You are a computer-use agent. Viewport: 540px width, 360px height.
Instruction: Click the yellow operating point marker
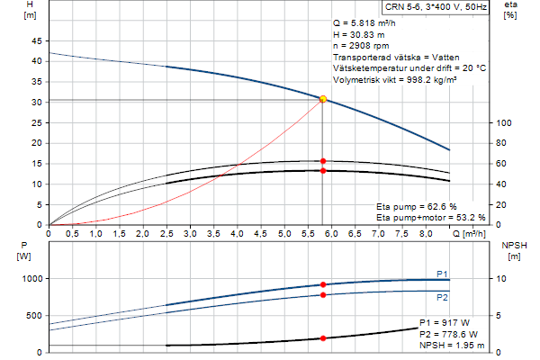pos(323,99)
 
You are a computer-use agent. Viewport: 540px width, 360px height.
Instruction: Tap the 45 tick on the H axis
pos(36,40)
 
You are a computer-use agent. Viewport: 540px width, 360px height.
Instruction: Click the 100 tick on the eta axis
pos(506,122)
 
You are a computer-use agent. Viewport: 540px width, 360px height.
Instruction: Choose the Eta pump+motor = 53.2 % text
pos(430,218)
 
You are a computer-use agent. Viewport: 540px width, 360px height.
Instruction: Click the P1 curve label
pos(442,274)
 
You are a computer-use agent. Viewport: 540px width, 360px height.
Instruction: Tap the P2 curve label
pos(442,296)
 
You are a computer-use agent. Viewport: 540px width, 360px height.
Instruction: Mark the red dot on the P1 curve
pos(323,285)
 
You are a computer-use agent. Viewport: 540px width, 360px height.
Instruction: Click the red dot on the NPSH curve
pos(323,338)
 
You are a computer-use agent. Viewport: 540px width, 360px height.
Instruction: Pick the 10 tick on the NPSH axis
pos(506,279)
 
